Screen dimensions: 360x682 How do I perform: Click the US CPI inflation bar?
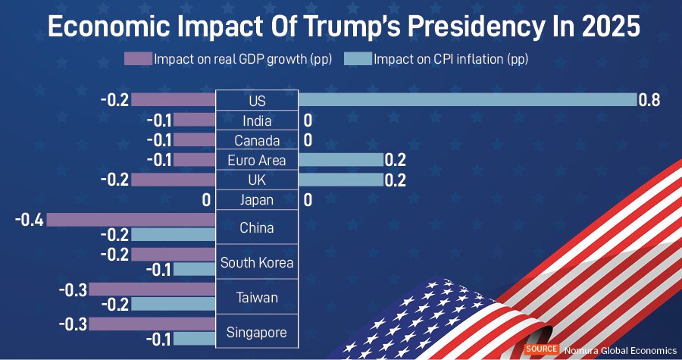click(x=467, y=100)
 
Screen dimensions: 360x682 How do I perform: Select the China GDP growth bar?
click(x=131, y=220)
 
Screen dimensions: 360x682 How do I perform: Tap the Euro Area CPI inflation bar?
click(x=340, y=160)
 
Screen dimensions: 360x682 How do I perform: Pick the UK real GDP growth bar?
click(x=174, y=180)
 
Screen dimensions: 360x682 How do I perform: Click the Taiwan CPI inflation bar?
click(x=174, y=304)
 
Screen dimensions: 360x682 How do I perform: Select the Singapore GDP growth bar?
click(x=152, y=324)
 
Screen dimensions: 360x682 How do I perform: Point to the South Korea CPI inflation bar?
click(x=195, y=269)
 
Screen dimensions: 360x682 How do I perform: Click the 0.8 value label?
click(x=650, y=100)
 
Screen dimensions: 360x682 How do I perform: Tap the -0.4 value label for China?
click(x=30, y=220)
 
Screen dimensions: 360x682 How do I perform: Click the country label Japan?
click(x=257, y=201)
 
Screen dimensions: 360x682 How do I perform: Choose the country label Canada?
click(x=257, y=141)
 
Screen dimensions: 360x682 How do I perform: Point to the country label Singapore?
click(x=257, y=333)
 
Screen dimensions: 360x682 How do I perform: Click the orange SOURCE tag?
click(x=541, y=349)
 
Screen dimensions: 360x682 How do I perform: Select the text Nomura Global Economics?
click(x=620, y=350)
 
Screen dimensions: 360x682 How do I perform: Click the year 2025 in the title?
click(x=604, y=27)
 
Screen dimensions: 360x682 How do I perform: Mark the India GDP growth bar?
click(x=195, y=121)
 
